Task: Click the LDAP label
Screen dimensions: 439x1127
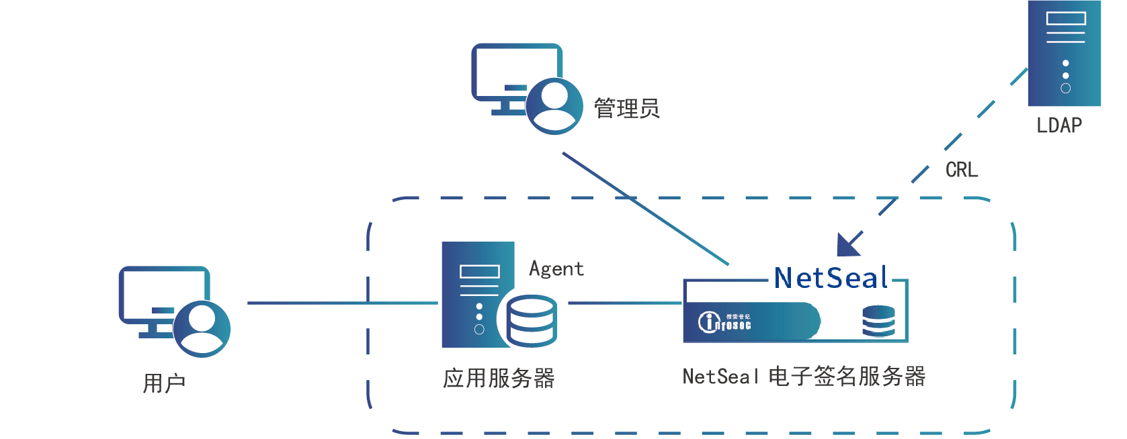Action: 1059,126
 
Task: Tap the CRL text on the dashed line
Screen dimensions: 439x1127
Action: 962,170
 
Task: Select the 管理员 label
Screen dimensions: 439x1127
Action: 626,108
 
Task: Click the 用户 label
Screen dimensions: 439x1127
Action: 164,383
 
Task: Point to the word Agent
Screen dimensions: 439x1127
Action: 556,269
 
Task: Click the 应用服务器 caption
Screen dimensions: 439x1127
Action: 499,379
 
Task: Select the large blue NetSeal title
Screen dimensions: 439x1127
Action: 831,278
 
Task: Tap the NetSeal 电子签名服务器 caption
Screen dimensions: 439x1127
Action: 804,377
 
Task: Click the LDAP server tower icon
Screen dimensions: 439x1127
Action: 1065,54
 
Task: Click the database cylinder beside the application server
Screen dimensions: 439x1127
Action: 532,321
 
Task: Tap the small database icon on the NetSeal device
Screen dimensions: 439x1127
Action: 878,322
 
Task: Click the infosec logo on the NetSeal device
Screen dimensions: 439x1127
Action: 724,322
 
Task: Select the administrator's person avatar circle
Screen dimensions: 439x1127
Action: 554,106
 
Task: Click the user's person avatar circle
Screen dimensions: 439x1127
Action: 202,328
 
